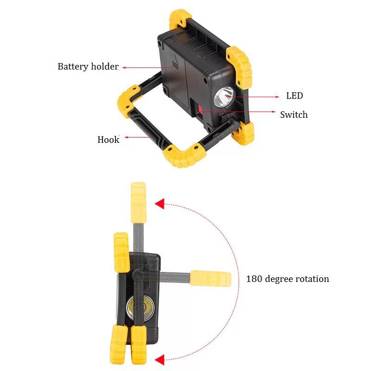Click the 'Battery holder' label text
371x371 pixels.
(88, 66)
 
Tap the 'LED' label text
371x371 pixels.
(294, 96)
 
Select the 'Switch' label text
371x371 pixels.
(294, 115)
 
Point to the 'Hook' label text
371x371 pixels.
(109, 140)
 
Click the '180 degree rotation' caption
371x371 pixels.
(288, 279)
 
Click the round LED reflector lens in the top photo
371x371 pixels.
(224, 97)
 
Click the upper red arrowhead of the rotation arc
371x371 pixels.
(160, 204)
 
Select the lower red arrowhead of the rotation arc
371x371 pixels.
(160, 360)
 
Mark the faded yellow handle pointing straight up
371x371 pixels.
(138, 203)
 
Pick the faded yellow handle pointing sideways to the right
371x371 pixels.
(211, 278)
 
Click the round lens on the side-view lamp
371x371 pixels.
(140, 308)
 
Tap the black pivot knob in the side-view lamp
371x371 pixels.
(138, 275)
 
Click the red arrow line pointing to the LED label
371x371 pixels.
(253, 97)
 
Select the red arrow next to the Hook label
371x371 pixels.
(137, 137)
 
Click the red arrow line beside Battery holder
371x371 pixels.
(147, 67)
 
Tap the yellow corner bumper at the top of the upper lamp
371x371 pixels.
(180, 19)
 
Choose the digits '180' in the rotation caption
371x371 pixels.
(254, 279)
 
